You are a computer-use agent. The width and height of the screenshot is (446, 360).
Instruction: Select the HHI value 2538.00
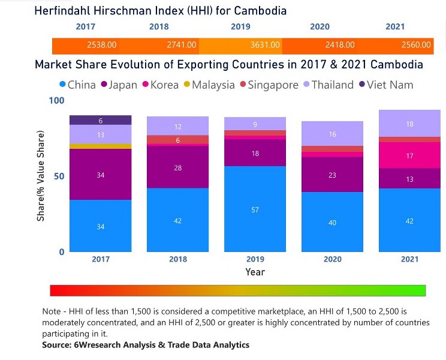tap(102, 45)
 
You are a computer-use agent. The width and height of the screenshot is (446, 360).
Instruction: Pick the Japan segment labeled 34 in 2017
tap(100, 175)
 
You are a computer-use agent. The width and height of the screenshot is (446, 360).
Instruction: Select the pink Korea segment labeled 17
tap(409, 155)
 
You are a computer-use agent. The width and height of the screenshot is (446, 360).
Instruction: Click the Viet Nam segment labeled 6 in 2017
tap(100, 121)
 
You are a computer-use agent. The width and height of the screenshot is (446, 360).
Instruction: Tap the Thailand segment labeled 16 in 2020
tap(332, 134)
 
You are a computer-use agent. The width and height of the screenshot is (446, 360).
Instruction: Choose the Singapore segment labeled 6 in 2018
tap(177, 140)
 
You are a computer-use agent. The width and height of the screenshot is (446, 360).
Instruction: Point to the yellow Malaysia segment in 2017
tap(100, 146)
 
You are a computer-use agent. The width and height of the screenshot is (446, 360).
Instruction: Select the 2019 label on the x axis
tap(255, 259)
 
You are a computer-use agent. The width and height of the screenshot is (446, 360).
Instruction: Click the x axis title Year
tap(255, 272)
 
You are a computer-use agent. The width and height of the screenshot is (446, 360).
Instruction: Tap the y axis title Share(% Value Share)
tap(41, 176)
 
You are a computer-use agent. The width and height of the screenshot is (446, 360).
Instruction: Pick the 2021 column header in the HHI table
tap(394, 27)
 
